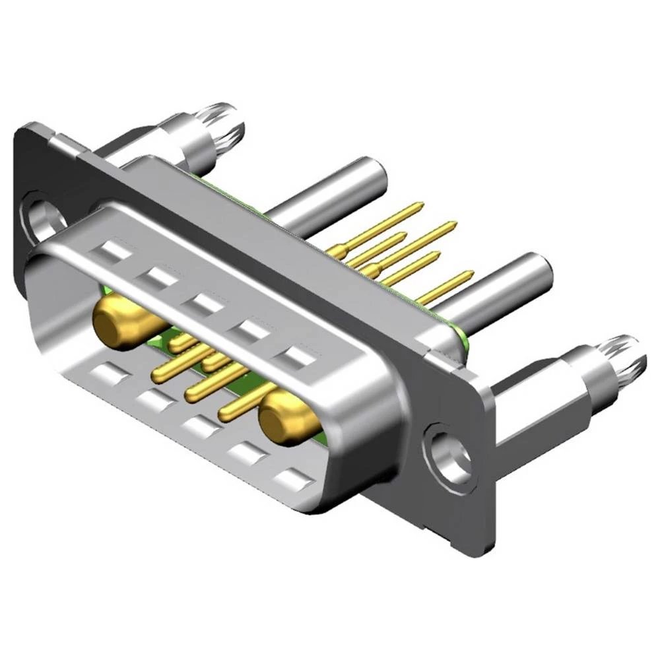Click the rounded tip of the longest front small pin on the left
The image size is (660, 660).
[x=158, y=376]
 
